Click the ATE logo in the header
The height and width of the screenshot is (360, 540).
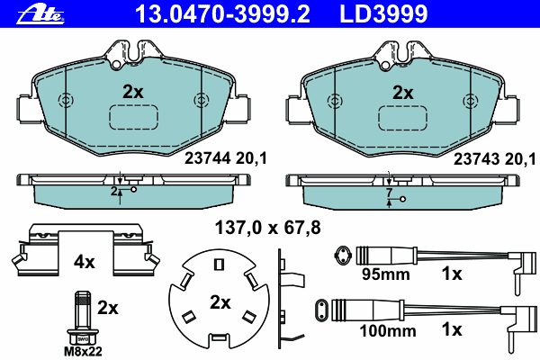tap(40, 14)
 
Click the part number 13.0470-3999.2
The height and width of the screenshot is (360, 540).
tap(222, 13)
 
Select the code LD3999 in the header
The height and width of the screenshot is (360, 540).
tap(383, 13)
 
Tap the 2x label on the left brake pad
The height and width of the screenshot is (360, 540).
tap(133, 92)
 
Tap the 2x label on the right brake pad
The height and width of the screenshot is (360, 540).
tap(403, 93)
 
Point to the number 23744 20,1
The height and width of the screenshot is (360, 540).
tap(226, 158)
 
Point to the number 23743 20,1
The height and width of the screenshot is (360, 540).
tap(494, 158)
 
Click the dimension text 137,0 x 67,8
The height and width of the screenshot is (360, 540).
tap(267, 228)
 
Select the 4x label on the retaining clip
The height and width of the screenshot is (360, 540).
tap(85, 263)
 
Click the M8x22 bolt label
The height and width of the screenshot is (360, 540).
tap(83, 351)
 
